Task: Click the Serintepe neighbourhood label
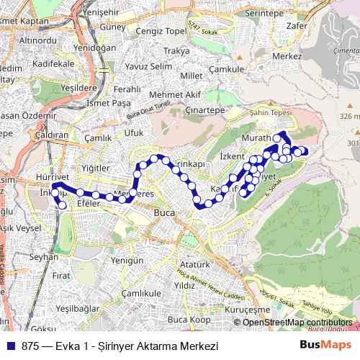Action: pos(266,13)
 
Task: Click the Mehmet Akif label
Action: pos(159,94)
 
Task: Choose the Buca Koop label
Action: pos(189,319)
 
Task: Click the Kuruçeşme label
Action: pos(267,310)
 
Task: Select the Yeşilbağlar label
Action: pos(76,307)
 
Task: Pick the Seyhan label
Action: pos(42,256)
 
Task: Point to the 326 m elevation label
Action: pos(348,116)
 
